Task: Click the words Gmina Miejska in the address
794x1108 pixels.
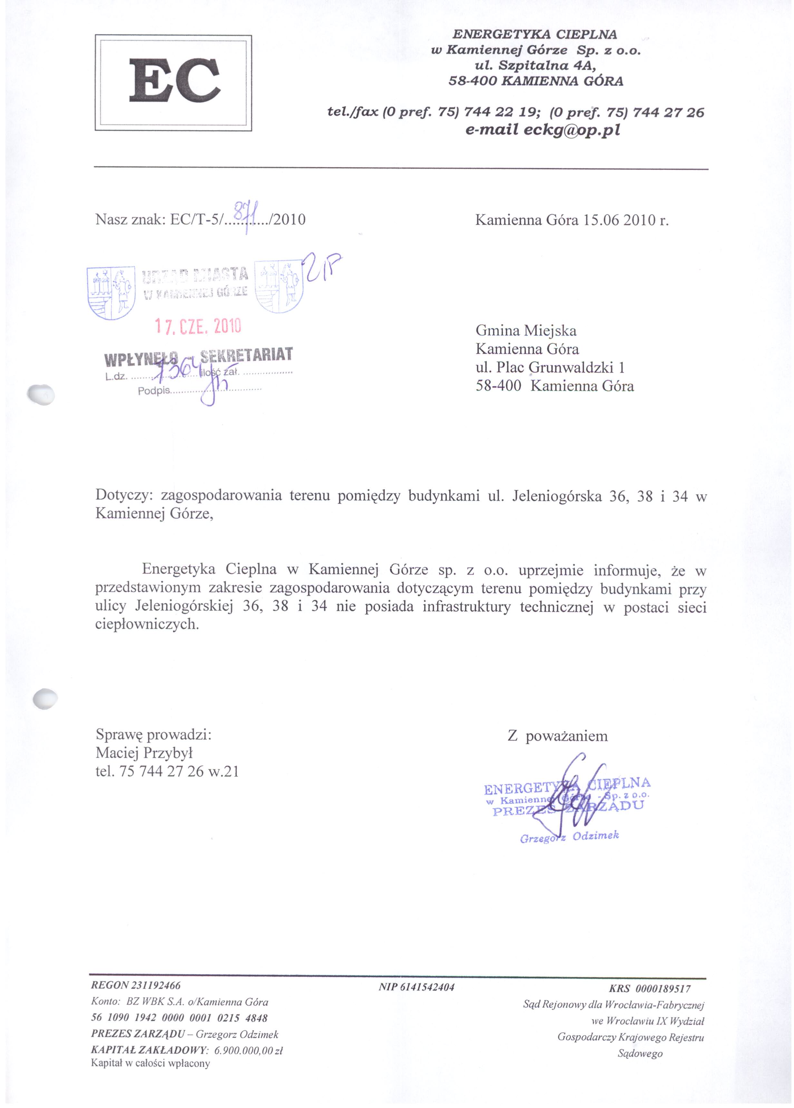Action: pos(526,331)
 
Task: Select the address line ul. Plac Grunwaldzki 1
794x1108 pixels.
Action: pos(550,368)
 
